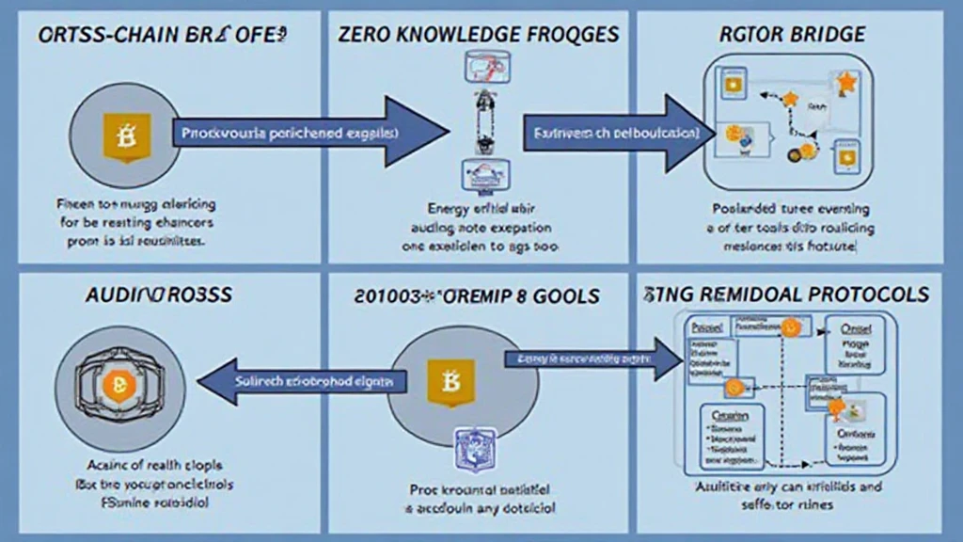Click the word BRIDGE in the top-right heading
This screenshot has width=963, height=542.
pyautogui.click(x=826, y=35)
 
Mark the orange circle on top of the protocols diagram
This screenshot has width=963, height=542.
pyautogui.click(x=790, y=327)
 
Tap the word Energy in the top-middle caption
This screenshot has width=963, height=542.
pyautogui.click(x=448, y=208)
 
